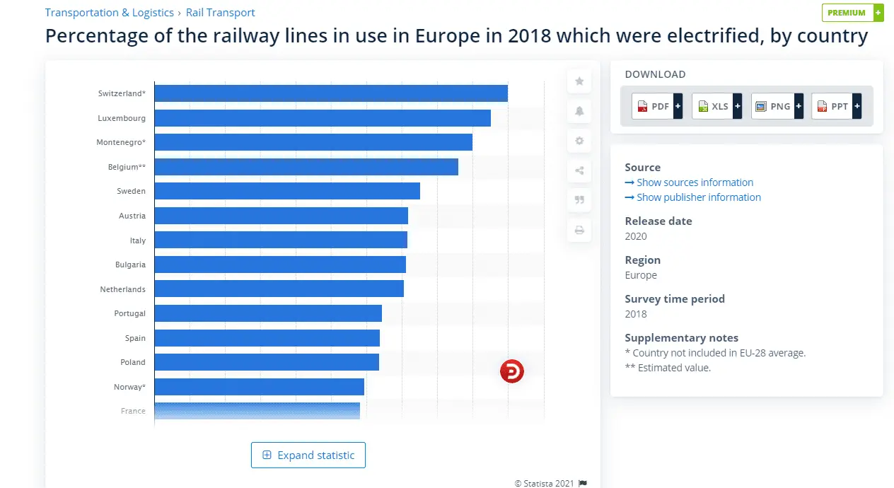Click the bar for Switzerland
pyautogui.click(x=330, y=93)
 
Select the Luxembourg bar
pyautogui.click(x=322, y=118)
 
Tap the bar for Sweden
pyautogui.click(x=286, y=191)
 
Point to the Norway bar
pyautogui.click(x=259, y=387)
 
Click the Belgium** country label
pyautogui.click(x=127, y=167)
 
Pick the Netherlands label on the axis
pyautogui.click(x=123, y=289)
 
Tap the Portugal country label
pyautogui.click(x=129, y=313)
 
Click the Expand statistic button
pyautogui.click(x=308, y=455)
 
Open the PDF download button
pyautogui.click(x=656, y=106)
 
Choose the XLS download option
pyautogui.click(x=716, y=106)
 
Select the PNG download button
pyautogui.click(x=777, y=106)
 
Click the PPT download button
pyautogui.click(x=836, y=106)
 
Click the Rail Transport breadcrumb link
pyautogui.click(x=220, y=13)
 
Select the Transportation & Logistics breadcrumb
pyautogui.click(x=109, y=13)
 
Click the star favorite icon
pyautogui.click(x=579, y=81)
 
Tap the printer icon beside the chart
pyautogui.click(x=579, y=230)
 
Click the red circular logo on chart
pyautogui.click(x=512, y=371)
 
